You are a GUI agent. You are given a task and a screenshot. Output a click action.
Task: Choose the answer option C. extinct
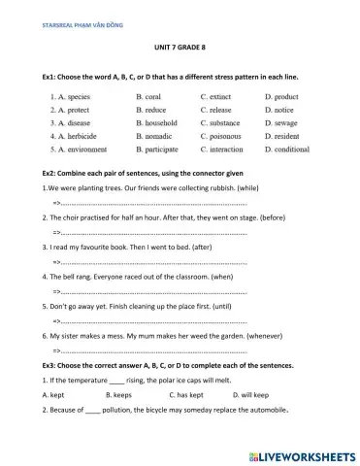[x=218, y=97]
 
